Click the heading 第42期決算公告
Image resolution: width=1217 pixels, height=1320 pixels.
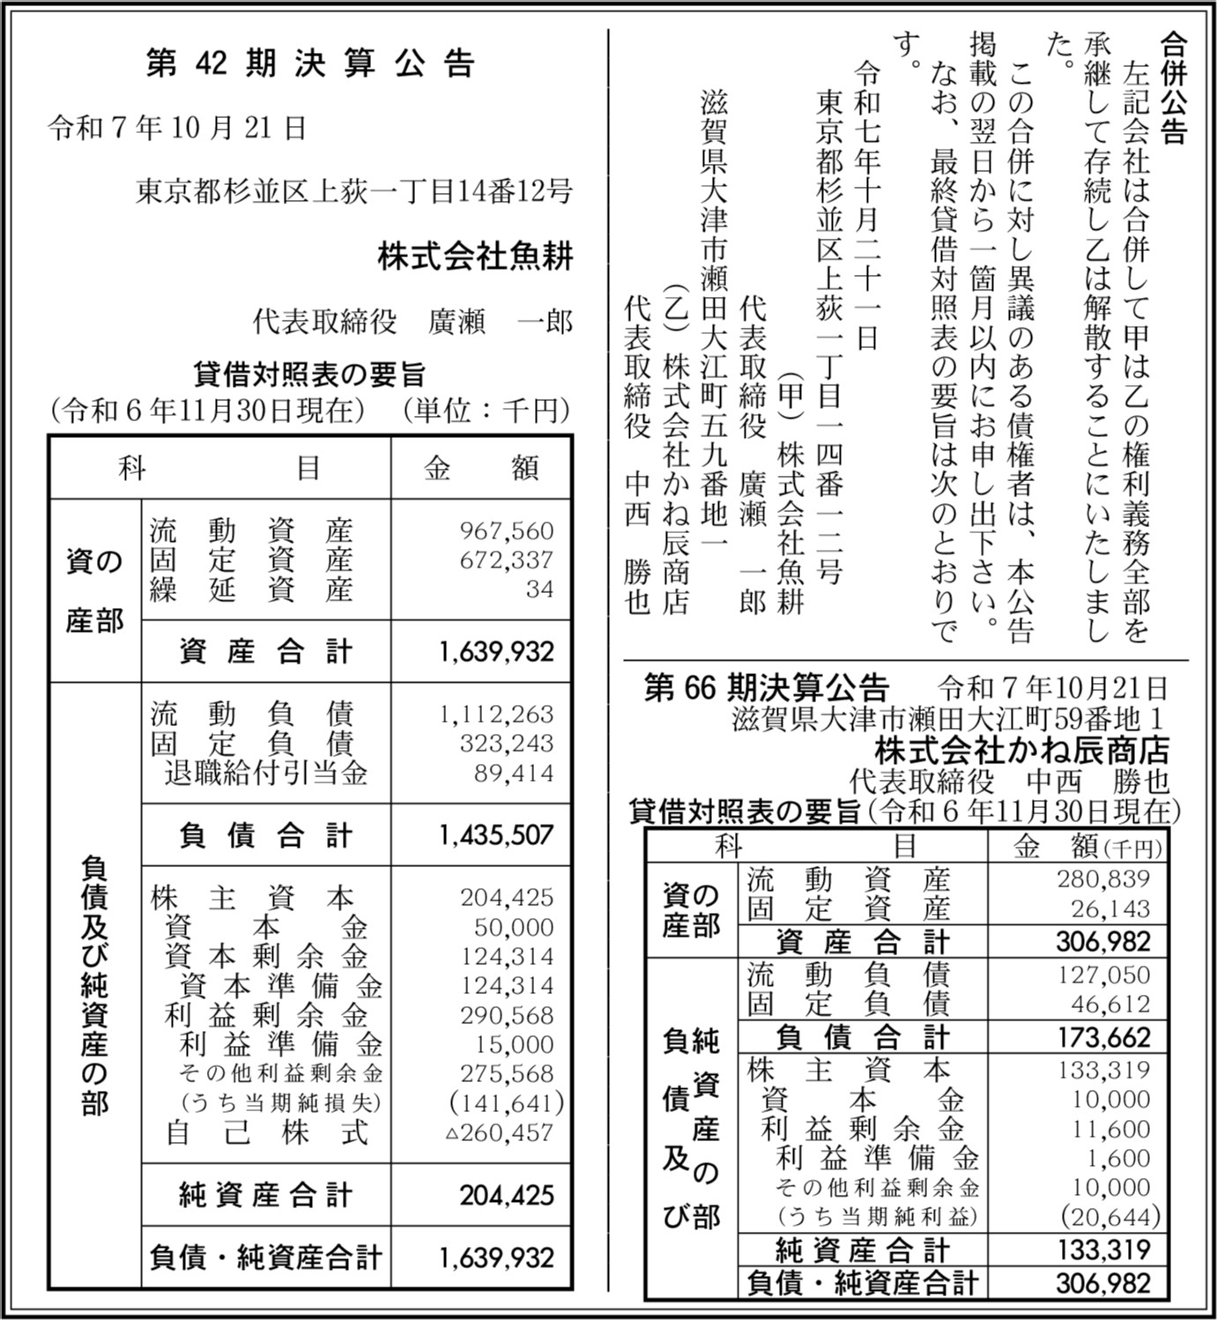pyautogui.click(x=310, y=63)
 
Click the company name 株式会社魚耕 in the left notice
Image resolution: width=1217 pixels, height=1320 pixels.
pyautogui.click(x=475, y=257)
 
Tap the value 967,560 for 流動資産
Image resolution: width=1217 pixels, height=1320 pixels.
pyautogui.click(x=507, y=530)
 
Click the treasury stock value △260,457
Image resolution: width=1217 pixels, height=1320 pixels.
pyautogui.click(x=501, y=1132)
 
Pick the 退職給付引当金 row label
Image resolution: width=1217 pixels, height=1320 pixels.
pyautogui.click(x=265, y=773)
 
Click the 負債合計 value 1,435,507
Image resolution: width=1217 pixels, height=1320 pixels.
pyautogui.click(x=497, y=834)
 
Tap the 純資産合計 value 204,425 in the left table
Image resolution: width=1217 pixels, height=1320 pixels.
pyautogui.click(x=507, y=1195)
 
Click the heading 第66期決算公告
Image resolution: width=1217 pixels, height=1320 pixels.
pyautogui.click(x=766, y=687)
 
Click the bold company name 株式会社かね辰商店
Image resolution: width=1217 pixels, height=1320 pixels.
pyautogui.click(x=1021, y=751)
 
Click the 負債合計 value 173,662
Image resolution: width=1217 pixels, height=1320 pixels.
pyautogui.click(x=1104, y=1036)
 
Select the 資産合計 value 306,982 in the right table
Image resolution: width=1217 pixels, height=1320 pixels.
pyautogui.click(x=1103, y=941)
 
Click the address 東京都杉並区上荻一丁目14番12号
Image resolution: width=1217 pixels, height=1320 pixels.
pyautogui.click(x=354, y=191)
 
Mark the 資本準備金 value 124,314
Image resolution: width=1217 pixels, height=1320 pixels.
pyautogui.click(x=507, y=985)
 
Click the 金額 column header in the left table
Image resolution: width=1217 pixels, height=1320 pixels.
pyautogui.click(x=480, y=468)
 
